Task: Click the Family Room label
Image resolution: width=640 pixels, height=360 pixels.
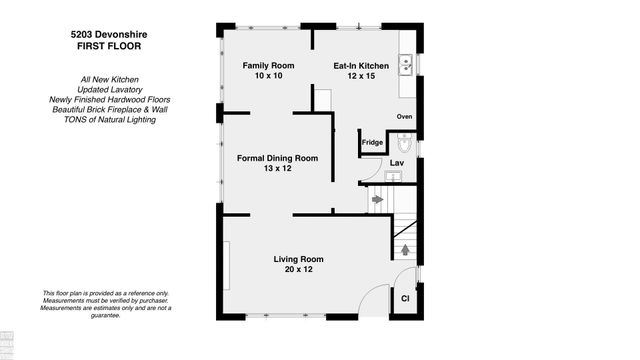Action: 264,65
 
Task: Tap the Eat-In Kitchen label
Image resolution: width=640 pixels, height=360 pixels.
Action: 361,65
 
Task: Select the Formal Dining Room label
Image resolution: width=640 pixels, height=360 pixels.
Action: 277,158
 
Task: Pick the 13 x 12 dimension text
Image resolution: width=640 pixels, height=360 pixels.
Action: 277,170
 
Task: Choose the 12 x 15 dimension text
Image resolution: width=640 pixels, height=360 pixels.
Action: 361,77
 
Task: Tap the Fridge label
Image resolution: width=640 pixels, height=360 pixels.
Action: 372,143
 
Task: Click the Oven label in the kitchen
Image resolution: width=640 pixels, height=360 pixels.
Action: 404,117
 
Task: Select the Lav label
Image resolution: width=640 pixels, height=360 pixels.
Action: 396,162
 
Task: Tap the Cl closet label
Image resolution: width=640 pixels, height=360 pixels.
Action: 406,298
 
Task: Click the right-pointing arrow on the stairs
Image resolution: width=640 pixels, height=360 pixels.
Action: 376,200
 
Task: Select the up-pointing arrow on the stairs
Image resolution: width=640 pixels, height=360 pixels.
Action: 404,250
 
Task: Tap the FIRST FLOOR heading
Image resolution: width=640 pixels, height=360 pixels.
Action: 97,45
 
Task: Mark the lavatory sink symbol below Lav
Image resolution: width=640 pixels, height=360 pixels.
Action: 393,177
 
